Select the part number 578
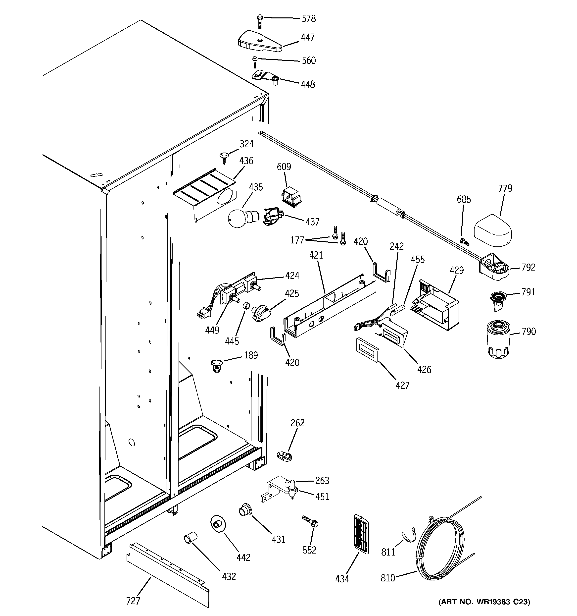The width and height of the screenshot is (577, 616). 309,19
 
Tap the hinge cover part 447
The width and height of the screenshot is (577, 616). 260,42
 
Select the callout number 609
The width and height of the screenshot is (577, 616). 284,167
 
